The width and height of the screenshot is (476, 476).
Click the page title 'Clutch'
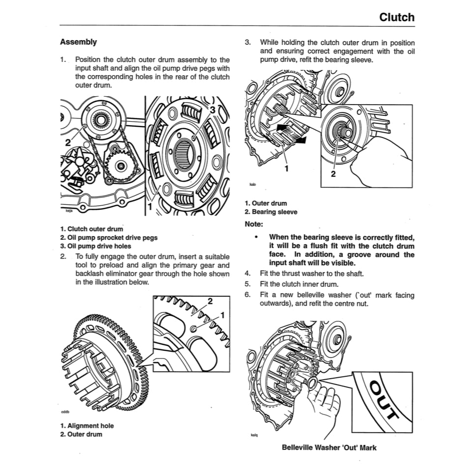(396, 17)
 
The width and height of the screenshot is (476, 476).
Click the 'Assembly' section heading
(78, 42)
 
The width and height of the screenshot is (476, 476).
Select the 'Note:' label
(253, 224)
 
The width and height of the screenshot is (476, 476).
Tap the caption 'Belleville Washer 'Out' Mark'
(329, 448)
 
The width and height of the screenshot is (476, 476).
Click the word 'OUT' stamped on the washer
(384, 400)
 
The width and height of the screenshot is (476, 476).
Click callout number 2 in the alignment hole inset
(210, 301)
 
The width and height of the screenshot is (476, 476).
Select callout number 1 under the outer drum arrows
(285, 168)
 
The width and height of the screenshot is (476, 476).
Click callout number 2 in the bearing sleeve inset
(332, 174)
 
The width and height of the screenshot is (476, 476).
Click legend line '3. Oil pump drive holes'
(95, 246)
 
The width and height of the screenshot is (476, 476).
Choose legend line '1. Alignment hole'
(86, 426)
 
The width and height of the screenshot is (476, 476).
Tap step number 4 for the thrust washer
(248, 274)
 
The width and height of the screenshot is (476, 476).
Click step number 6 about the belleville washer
(248, 295)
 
